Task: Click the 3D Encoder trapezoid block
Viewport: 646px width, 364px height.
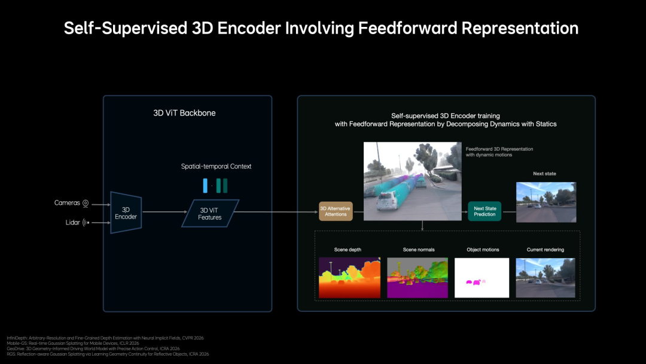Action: pos(126,213)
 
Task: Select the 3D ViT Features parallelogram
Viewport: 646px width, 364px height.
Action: pos(210,214)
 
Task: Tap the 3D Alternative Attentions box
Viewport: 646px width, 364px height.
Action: pos(336,211)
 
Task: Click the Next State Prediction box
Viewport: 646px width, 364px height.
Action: pos(484,211)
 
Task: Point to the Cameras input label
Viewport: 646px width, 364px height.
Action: pos(67,203)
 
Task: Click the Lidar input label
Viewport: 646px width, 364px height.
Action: pos(72,223)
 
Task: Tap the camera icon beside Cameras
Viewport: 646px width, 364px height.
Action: pos(86,204)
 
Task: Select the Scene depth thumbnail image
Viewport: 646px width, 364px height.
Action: pos(350,278)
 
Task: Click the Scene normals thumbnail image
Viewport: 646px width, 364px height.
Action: pos(417,278)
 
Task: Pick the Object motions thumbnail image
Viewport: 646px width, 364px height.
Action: pos(482,278)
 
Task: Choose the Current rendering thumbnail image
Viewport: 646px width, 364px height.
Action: pos(545,278)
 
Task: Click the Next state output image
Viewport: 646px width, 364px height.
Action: pos(546,202)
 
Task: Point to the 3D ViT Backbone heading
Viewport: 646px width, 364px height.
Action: pos(184,113)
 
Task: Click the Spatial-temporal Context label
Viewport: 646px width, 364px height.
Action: pos(216,166)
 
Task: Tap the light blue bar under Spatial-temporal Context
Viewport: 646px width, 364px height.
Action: pos(205,186)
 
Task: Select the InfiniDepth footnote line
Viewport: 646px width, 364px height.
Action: pos(105,338)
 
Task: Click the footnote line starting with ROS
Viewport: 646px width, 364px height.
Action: pos(108,354)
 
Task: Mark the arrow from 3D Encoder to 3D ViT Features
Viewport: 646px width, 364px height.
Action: pos(162,212)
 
